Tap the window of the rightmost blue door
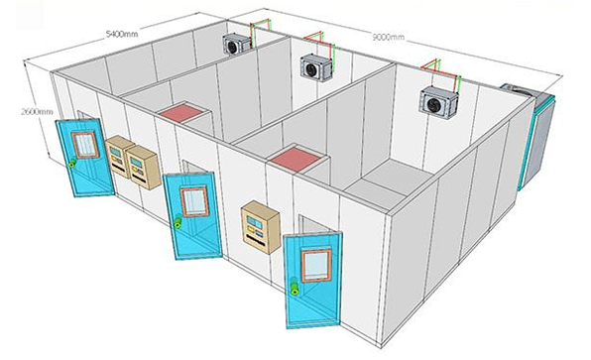click(x=316, y=263)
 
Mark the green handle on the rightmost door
click(x=295, y=288)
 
